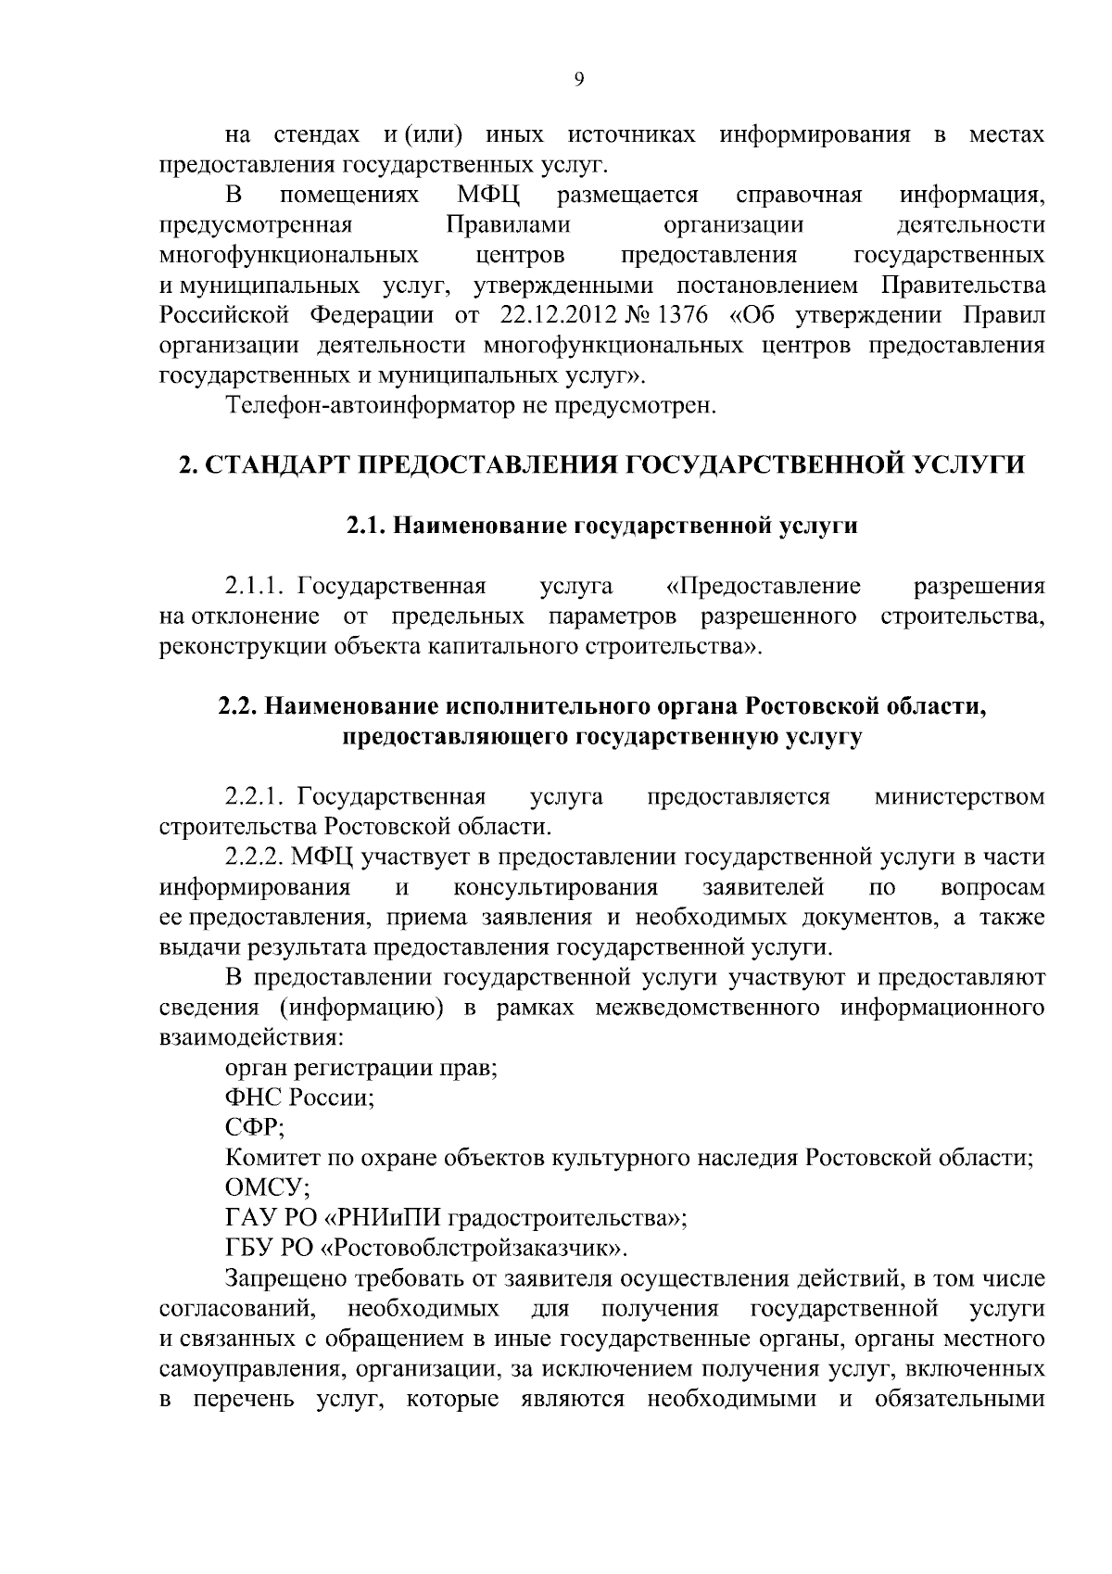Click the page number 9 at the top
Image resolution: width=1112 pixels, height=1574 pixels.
[x=579, y=80]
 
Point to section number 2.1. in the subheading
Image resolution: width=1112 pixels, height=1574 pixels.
[x=366, y=526]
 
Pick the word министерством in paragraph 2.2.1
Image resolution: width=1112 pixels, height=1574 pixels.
[x=959, y=796]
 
